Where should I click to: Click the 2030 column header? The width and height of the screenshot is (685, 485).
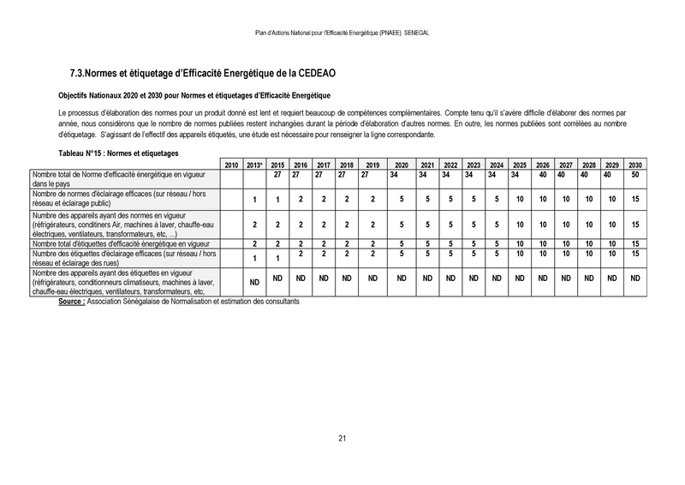coord(634,165)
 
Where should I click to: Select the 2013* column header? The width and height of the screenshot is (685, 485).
coord(254,165)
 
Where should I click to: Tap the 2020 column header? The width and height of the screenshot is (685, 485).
coord(401,165)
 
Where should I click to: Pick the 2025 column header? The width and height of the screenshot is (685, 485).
coord(519,165)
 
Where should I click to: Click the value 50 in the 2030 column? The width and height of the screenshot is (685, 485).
coord(634,174)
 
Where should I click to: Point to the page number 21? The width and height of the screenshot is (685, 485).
coord(342,439)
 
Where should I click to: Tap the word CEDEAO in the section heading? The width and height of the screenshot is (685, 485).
coord(323,75)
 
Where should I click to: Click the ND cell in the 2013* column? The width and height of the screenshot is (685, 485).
coord(254,282)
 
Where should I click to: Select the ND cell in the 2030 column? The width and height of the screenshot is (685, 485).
coord(634,278)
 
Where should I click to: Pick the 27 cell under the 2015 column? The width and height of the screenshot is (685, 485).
coord(277,174)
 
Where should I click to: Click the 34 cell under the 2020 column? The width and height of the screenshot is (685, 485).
coord(401,174)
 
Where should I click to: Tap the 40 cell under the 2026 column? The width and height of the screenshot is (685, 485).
coord(542,174)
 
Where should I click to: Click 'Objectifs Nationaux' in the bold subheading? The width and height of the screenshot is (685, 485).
coord(97,95)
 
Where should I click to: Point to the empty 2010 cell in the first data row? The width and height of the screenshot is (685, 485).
coord(230,178)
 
